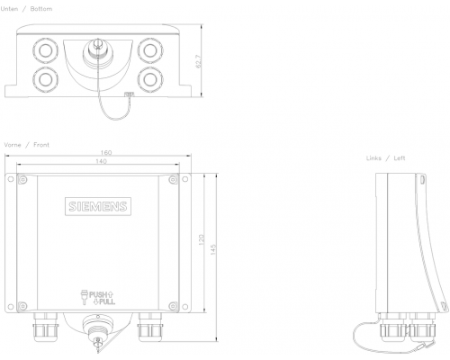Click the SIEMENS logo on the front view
pos(98,208)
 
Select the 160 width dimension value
pos(106,152)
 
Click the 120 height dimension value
pos(202,241)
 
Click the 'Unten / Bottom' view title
pos(28,7)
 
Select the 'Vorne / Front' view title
pos(27,144)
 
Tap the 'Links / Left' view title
pos(385,157)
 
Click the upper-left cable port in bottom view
pos(45,47)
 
